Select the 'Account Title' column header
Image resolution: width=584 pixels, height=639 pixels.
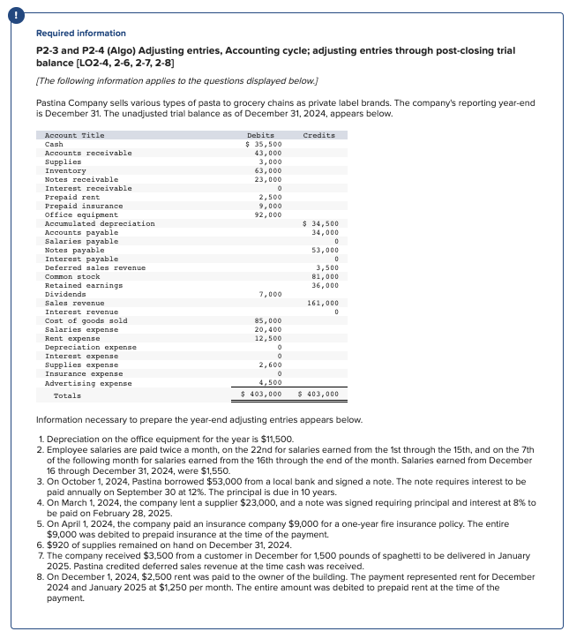[x=74, y=135]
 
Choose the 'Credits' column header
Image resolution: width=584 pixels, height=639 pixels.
[x=318, y=135]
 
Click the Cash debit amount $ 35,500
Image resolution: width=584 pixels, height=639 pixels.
[x=263, y=144]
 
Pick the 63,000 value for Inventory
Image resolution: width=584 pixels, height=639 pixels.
[x=267, y=170]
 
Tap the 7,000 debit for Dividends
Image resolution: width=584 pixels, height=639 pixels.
[x=270, y=294]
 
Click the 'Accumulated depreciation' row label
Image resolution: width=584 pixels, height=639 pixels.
[x=100, y=223]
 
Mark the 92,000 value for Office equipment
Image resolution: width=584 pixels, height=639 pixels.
[x=267, y=214]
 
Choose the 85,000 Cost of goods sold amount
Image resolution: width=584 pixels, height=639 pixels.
[x=267, y=320]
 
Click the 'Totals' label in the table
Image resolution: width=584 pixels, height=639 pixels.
[x=67, y=395]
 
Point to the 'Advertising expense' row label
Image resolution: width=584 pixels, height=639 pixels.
[x=88, y=383]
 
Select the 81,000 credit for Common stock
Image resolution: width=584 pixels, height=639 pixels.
[x=326, y=276]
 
